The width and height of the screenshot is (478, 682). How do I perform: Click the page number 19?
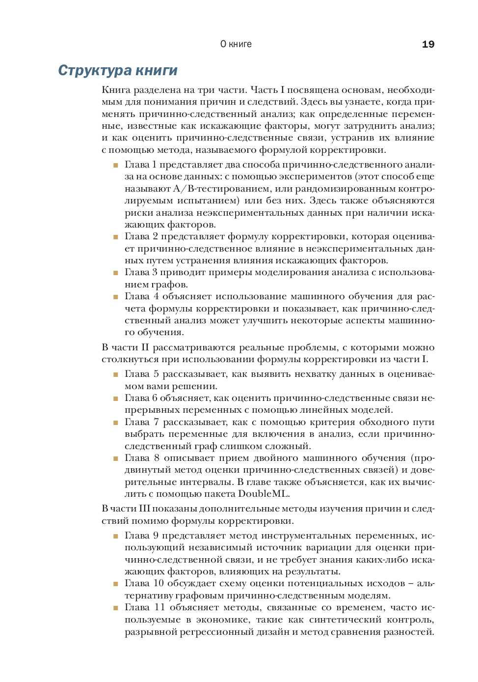(x=428, y=44)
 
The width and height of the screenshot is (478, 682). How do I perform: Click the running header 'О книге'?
(x=236, y=44)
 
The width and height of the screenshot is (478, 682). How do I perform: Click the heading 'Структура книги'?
(x=118, y=70)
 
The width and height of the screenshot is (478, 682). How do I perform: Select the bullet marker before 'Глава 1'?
(x=116, y=165)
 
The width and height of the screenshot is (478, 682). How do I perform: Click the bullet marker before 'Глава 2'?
(x=116, y=237)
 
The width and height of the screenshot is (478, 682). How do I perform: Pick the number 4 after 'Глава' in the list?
(x=156, y=296)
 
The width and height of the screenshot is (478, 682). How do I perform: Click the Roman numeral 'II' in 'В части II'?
(x=145, y=347)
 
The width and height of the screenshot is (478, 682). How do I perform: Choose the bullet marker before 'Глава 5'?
(x=116, y=374)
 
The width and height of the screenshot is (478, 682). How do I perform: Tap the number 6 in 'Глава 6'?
(x=155, y=398)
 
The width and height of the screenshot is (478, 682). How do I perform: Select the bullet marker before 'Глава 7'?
(x=116, y=423)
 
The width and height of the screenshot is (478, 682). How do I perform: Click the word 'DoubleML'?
(x=263, y=494)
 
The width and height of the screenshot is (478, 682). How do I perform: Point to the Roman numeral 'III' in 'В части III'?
(x=144, y=509)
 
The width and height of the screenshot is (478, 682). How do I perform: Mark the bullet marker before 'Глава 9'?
(x=116, y=536)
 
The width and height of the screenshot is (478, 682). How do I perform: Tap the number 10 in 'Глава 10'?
(x=159, y=583)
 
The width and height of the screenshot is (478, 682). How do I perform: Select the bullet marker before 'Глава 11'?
(x=116, y=608)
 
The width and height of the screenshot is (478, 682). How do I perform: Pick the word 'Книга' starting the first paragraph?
(x=116, y=90)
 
